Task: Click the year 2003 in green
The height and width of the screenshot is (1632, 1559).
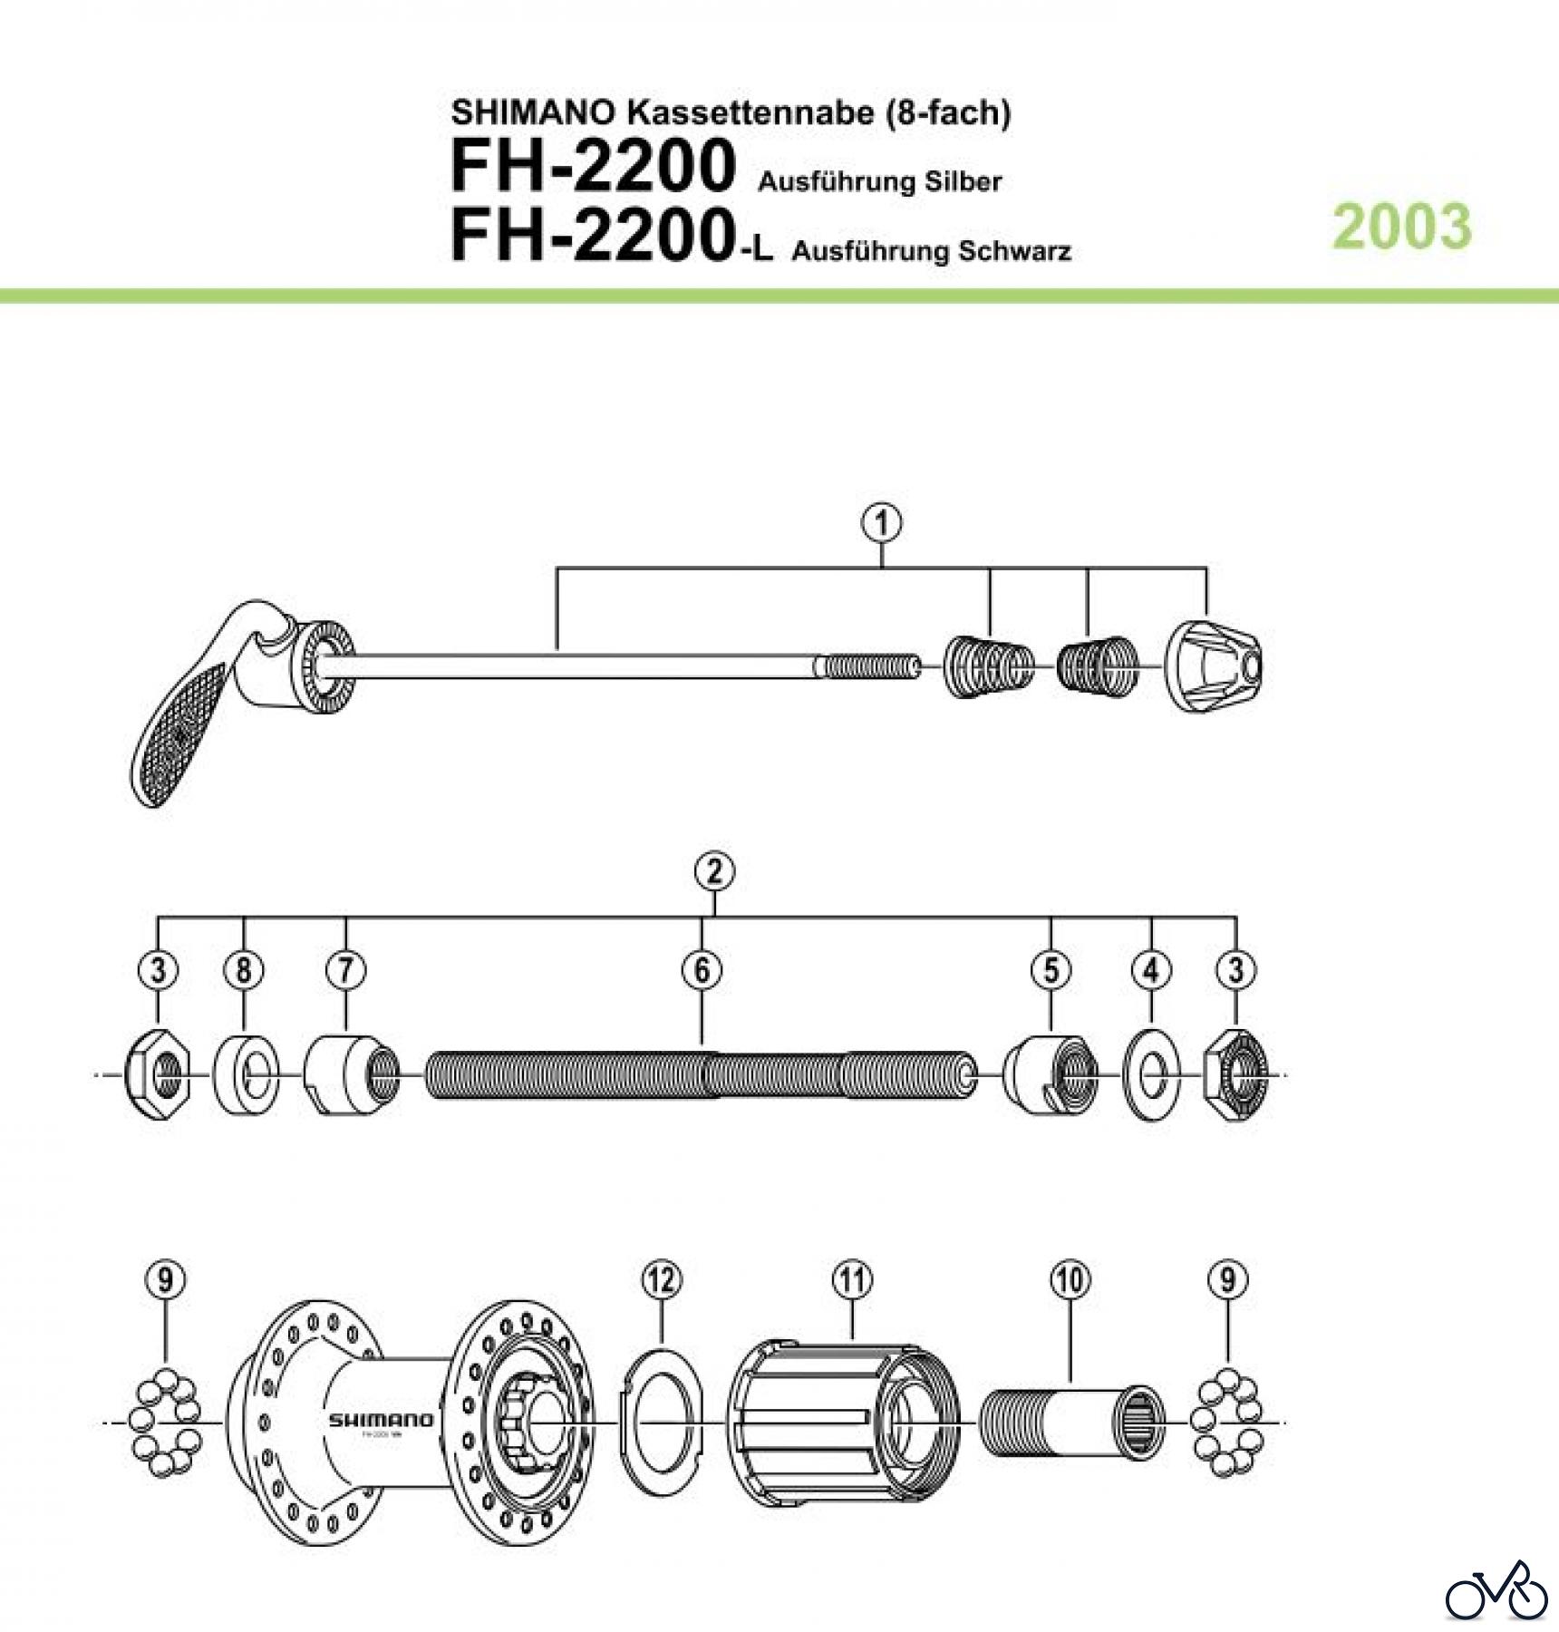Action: coord(1402,226)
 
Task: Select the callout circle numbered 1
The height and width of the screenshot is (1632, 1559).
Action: coord(883,524)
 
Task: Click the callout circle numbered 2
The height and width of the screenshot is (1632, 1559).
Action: coord(714,872)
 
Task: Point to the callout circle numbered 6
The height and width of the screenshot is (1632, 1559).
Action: coord(702,970)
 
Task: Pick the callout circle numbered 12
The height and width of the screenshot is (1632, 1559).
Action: coord(661,1280)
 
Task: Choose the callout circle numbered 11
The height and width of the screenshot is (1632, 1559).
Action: coord(852,1280)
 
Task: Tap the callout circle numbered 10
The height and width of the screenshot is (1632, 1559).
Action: coord(1070,1280)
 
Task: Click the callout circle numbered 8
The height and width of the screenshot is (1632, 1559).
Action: coord(244,970)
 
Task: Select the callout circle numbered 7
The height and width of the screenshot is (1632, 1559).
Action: coord(346,970)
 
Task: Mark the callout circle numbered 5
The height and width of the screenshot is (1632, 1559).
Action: coord(1051,970)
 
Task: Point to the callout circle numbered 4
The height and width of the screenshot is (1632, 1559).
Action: coord(1151,970)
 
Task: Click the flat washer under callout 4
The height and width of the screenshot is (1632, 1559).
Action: coord(1151,1076)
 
